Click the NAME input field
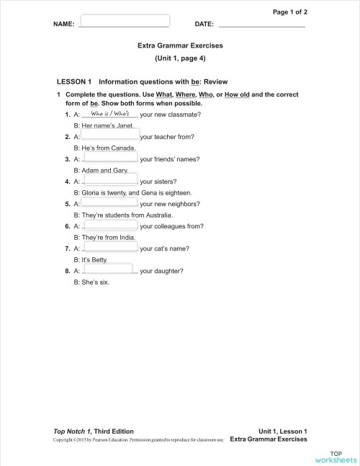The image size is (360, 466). point(125,21)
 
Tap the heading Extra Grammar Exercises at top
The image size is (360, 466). point(180,45)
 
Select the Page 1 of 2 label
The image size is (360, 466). point(290,12)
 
